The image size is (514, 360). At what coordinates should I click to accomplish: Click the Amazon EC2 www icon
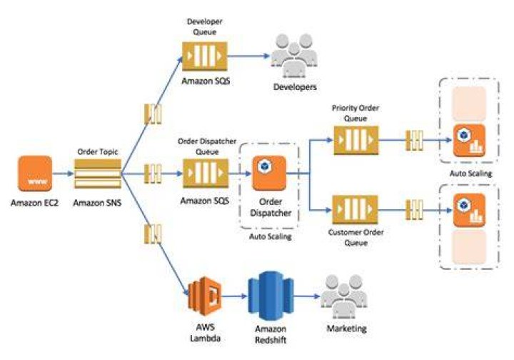[x=35, y=174]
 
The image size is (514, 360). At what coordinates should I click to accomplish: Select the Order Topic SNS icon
[x=98, y=174]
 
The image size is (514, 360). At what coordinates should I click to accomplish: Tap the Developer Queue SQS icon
[x=205, y=56]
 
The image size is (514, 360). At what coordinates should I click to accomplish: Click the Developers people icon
[x=294, y=56]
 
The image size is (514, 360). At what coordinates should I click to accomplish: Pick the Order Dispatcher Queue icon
[x=206, y=174]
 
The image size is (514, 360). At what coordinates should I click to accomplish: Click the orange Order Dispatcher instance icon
[x=269, y=173]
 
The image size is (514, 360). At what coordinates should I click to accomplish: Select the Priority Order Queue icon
[x=356, y=140]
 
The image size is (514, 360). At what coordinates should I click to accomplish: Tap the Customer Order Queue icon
[x=356, y=210]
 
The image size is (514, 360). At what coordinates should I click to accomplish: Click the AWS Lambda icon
[x=205, y=296]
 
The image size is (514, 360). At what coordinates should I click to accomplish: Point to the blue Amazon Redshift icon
[x=271, y=296]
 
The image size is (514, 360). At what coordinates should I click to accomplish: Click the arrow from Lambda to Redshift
[x=235, y=296]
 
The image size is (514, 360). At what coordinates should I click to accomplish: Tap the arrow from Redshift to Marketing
[x=307, y=296]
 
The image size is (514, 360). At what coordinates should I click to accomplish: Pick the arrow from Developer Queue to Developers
[x=249, y=56]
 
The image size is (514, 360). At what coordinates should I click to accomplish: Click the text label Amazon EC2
[x=34, y=203]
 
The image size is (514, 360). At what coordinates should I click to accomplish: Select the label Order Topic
[x=98, y=151]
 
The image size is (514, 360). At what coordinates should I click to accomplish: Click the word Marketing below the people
[x=346, y=328]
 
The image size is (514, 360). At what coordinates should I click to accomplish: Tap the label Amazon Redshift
[x=271, y=334]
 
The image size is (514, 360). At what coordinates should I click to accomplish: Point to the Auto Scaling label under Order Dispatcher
[x=271, y=236]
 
